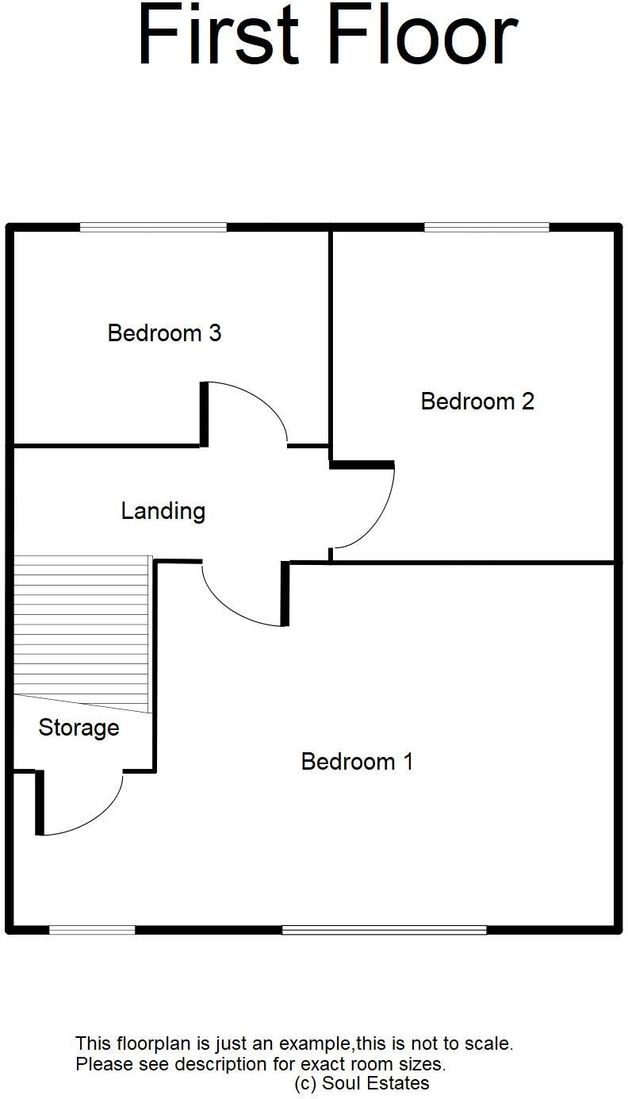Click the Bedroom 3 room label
point(164,333)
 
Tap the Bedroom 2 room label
point(477,402)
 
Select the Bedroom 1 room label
point(357,762)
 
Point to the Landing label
point(163,511)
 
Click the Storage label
point(78,728)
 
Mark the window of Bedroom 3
point(153,228)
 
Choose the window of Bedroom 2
point(486,228)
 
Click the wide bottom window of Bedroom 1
point(384,929)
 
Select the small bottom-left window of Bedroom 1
point(91,929)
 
